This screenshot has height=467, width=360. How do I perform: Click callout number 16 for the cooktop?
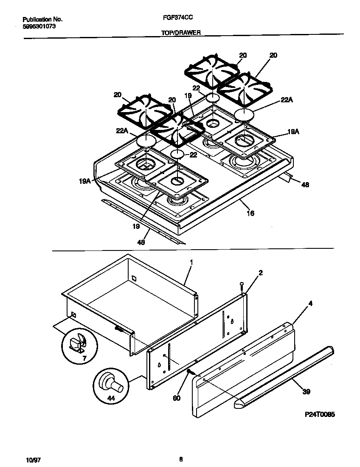pos(250,213)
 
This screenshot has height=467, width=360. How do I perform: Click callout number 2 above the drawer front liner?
pos(260,273)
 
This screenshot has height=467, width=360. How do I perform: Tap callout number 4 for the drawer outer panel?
pos(311,304)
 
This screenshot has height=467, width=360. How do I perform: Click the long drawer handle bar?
pos(284,376)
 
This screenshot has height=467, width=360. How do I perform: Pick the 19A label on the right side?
pos(293,132)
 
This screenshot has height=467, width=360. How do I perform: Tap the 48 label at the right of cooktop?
pos(305,184)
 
